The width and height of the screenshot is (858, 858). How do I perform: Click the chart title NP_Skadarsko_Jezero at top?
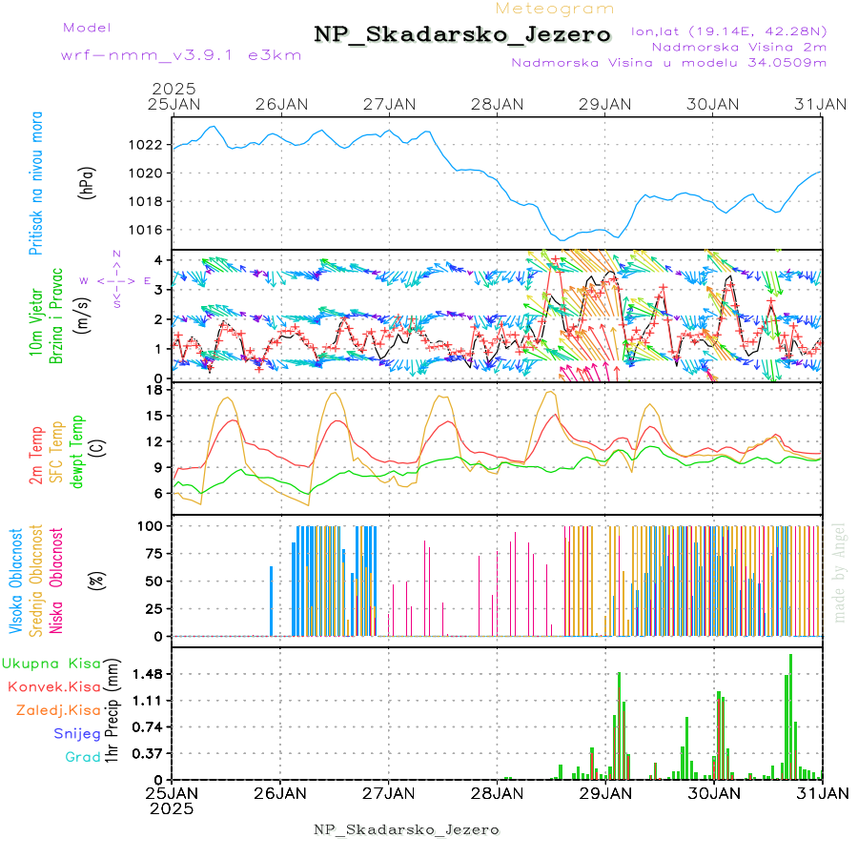[x=462, y=34]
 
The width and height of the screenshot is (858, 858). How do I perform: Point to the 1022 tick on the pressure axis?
[x=148, y=145]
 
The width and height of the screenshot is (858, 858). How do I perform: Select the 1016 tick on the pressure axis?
[x=148, y=230]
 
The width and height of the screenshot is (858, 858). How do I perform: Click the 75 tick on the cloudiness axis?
[x=151, y=553]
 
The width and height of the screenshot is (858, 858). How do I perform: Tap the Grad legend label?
[x=83, y=757]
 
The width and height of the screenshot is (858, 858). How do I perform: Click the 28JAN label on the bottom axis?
[x=497, y=792]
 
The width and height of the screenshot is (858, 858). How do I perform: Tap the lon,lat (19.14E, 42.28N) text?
[x=728, y=31]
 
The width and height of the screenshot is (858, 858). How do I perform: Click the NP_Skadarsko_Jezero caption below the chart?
[x=407, y=829]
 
